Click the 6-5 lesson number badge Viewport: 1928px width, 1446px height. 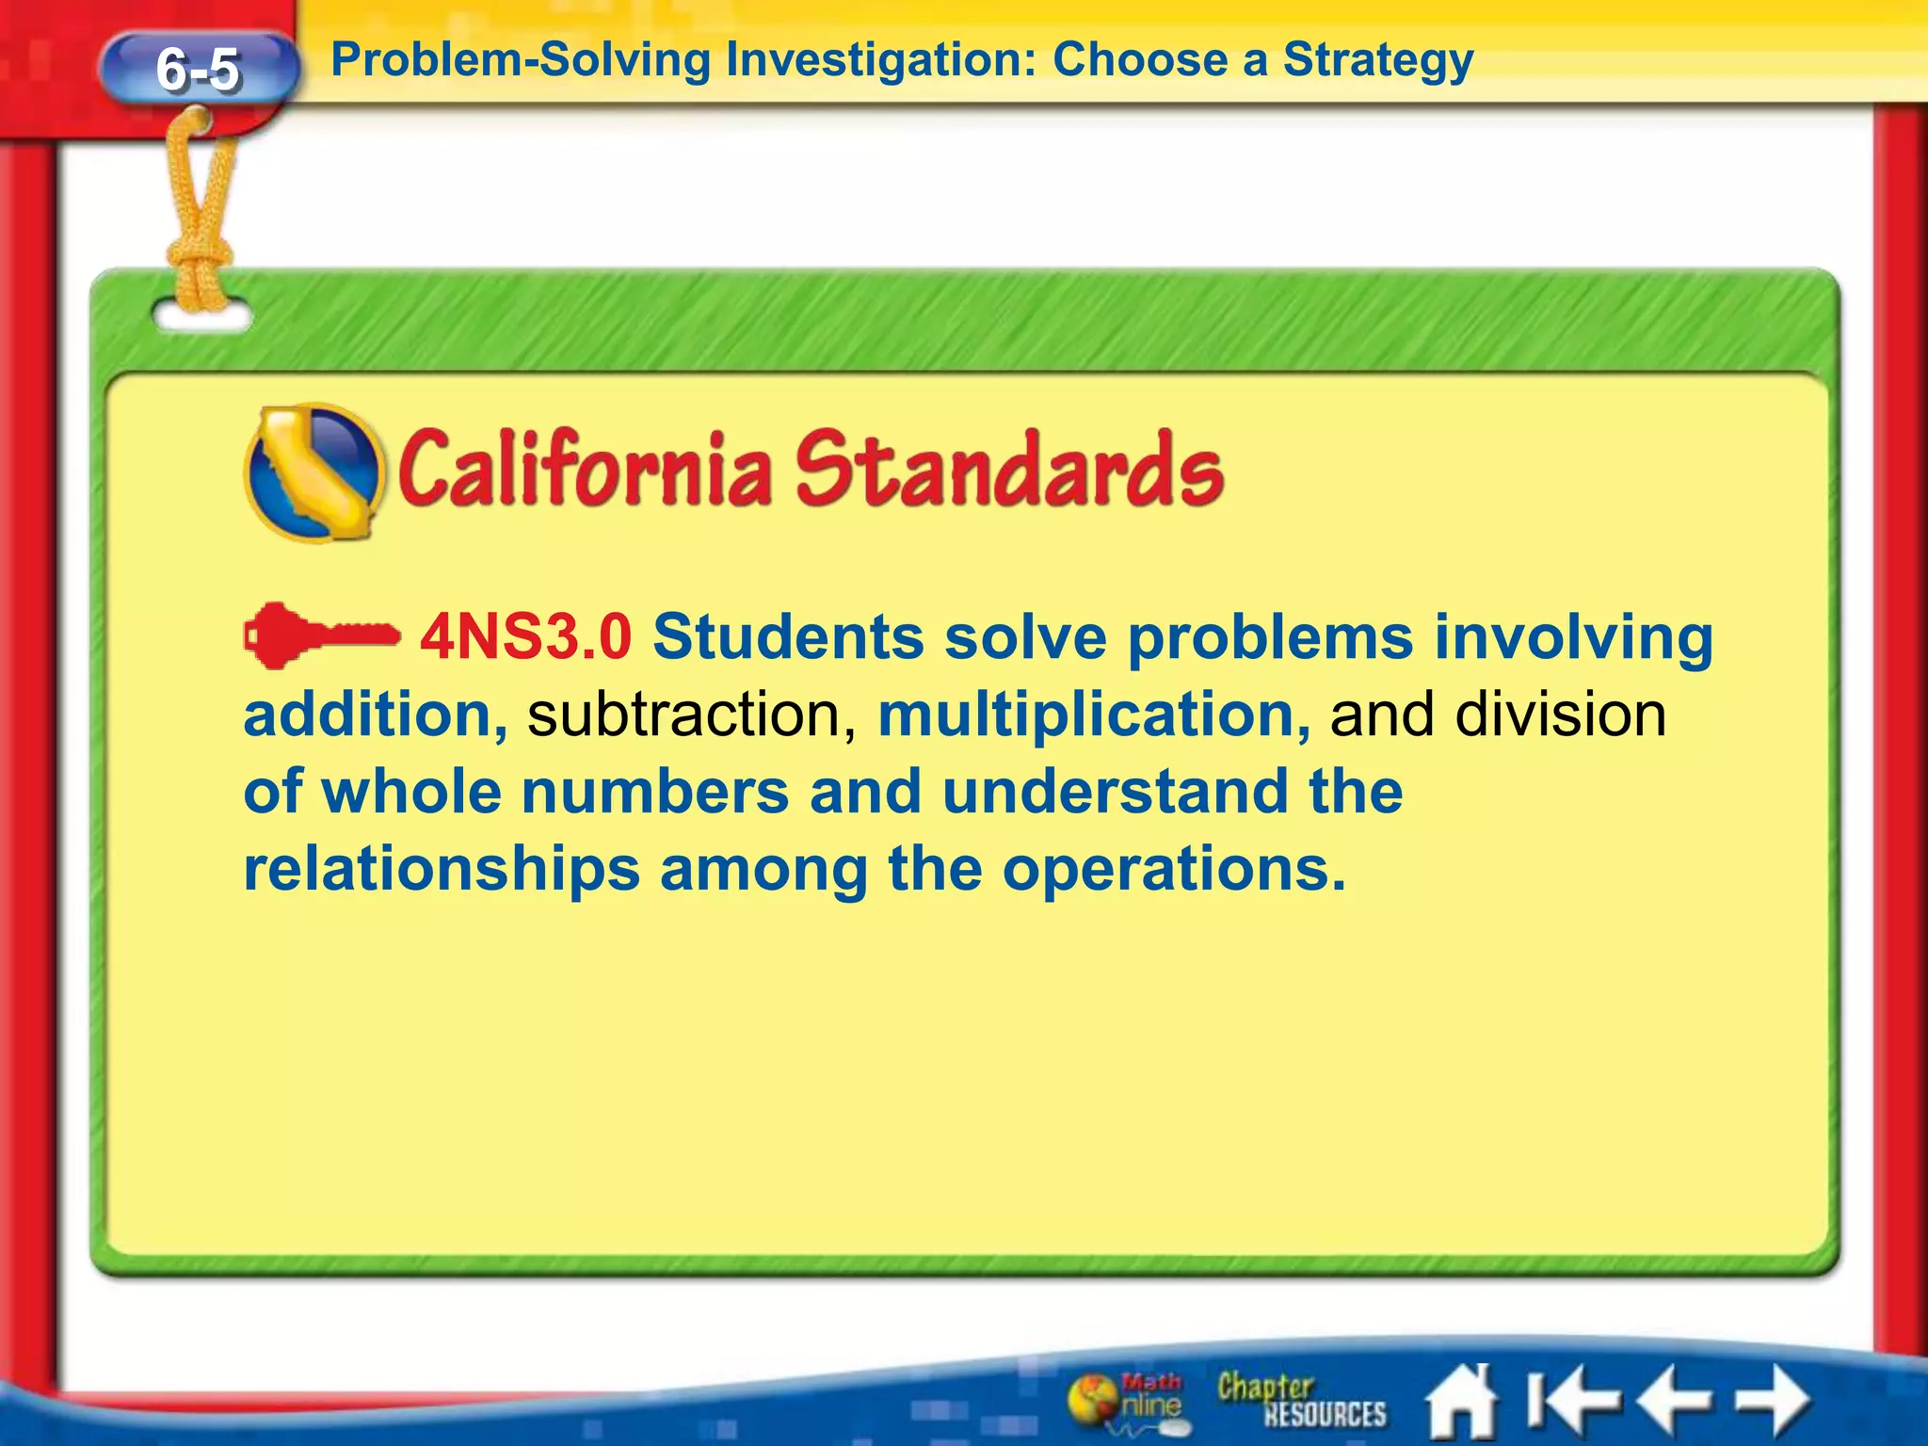[x=198, y=69]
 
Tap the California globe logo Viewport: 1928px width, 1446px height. [x=314, y=473]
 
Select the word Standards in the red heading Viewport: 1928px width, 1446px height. [x=1009, y=469]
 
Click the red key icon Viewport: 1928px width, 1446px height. [x=320, y=636]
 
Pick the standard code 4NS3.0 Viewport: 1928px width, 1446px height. [x=525, y=637]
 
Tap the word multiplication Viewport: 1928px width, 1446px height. [x=1093, y=715]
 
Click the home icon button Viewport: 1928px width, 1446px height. [x=1460, y=1402]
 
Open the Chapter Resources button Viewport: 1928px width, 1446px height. [x=1300, y=1400]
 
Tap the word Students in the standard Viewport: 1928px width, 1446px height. [x=788, y=637]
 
